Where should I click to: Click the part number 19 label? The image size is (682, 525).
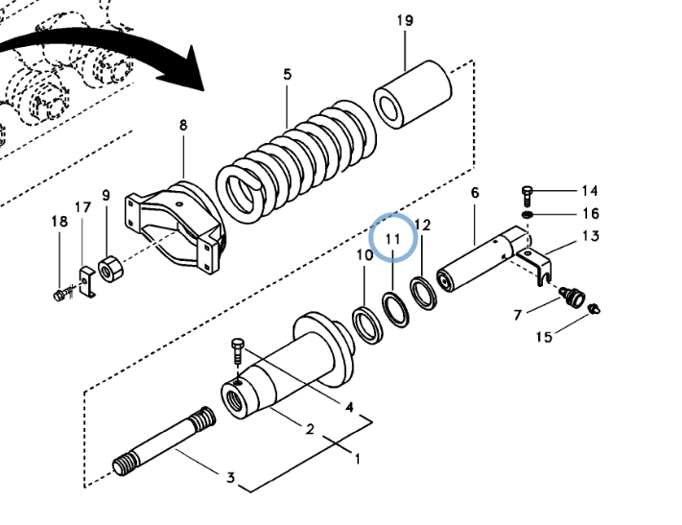(405, 21)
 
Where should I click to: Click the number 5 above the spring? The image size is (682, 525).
(287, 74)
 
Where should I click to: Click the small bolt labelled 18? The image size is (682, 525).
(62, 293)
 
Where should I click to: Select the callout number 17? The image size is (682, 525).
(82, 207)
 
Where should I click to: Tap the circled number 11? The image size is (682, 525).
(391, 236)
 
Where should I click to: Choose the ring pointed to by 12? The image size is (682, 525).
(423, 290)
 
